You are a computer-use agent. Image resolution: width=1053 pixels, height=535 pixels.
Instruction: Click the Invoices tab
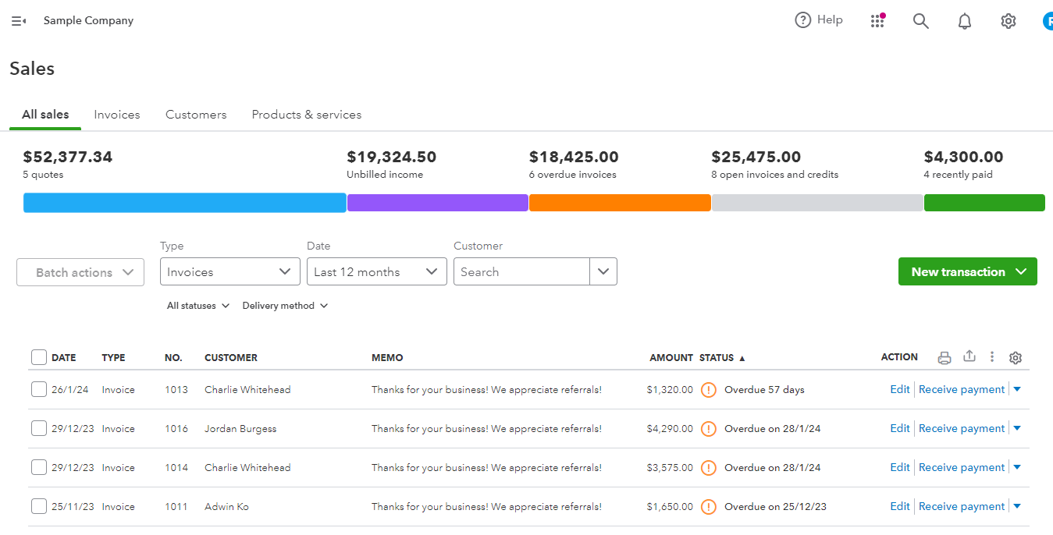(117, 115)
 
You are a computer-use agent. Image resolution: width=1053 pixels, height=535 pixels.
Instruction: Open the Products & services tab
(306, 115)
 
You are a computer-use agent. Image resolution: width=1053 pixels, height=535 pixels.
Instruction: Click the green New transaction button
(967, 271)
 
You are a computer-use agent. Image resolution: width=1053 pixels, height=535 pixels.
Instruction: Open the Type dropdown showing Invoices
(229, 271)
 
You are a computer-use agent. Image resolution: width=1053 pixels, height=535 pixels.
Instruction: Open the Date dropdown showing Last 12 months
(376, 271)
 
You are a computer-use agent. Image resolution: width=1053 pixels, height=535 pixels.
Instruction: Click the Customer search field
(521, 271)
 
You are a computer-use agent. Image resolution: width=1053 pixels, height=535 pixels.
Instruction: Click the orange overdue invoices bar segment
(620, 203)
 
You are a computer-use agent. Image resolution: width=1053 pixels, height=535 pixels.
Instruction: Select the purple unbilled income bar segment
(437, 203)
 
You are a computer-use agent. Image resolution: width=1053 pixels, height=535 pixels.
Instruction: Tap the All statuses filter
(197, 306)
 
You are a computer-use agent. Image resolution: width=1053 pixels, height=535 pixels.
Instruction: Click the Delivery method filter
(285, 306)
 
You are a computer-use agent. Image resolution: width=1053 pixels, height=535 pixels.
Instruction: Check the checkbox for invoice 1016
(39, 428)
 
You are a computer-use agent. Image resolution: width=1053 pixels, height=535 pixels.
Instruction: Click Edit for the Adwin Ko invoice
(900, 506)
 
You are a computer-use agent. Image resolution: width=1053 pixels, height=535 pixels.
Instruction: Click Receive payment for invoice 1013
(961, 389)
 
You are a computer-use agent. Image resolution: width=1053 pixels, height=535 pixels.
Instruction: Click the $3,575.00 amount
(670, 467)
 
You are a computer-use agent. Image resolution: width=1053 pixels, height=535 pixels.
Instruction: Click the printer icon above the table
(944, 358)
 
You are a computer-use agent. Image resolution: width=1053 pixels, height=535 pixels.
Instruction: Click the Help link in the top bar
(819, 20)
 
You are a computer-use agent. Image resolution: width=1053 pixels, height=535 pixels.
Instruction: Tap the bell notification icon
(965, 21)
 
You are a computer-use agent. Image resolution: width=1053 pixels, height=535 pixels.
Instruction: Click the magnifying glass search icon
(921, 21)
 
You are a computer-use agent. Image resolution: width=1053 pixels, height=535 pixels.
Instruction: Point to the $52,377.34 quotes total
(68, 157)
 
